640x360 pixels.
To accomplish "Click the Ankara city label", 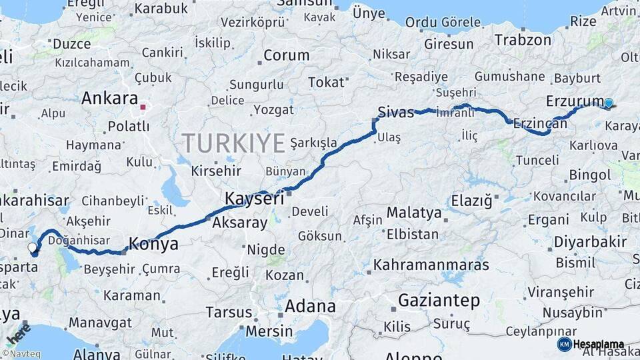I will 109,99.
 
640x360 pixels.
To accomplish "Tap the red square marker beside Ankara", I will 143,105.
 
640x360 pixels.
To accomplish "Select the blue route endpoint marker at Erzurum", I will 608,103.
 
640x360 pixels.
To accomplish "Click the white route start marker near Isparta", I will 32,248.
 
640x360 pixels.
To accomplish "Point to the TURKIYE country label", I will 233,143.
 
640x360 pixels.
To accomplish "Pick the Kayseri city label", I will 254,199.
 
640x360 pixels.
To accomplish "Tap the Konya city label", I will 153,244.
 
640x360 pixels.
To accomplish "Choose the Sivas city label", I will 396,111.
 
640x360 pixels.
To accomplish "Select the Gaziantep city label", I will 439,301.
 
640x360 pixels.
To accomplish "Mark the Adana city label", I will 310,307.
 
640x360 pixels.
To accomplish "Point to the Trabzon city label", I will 523,40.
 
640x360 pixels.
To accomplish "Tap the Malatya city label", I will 414,213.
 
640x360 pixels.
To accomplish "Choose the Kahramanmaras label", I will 431,265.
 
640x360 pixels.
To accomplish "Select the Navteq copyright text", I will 23,354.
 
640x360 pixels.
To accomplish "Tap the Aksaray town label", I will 239,224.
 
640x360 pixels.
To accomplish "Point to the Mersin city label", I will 269,331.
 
